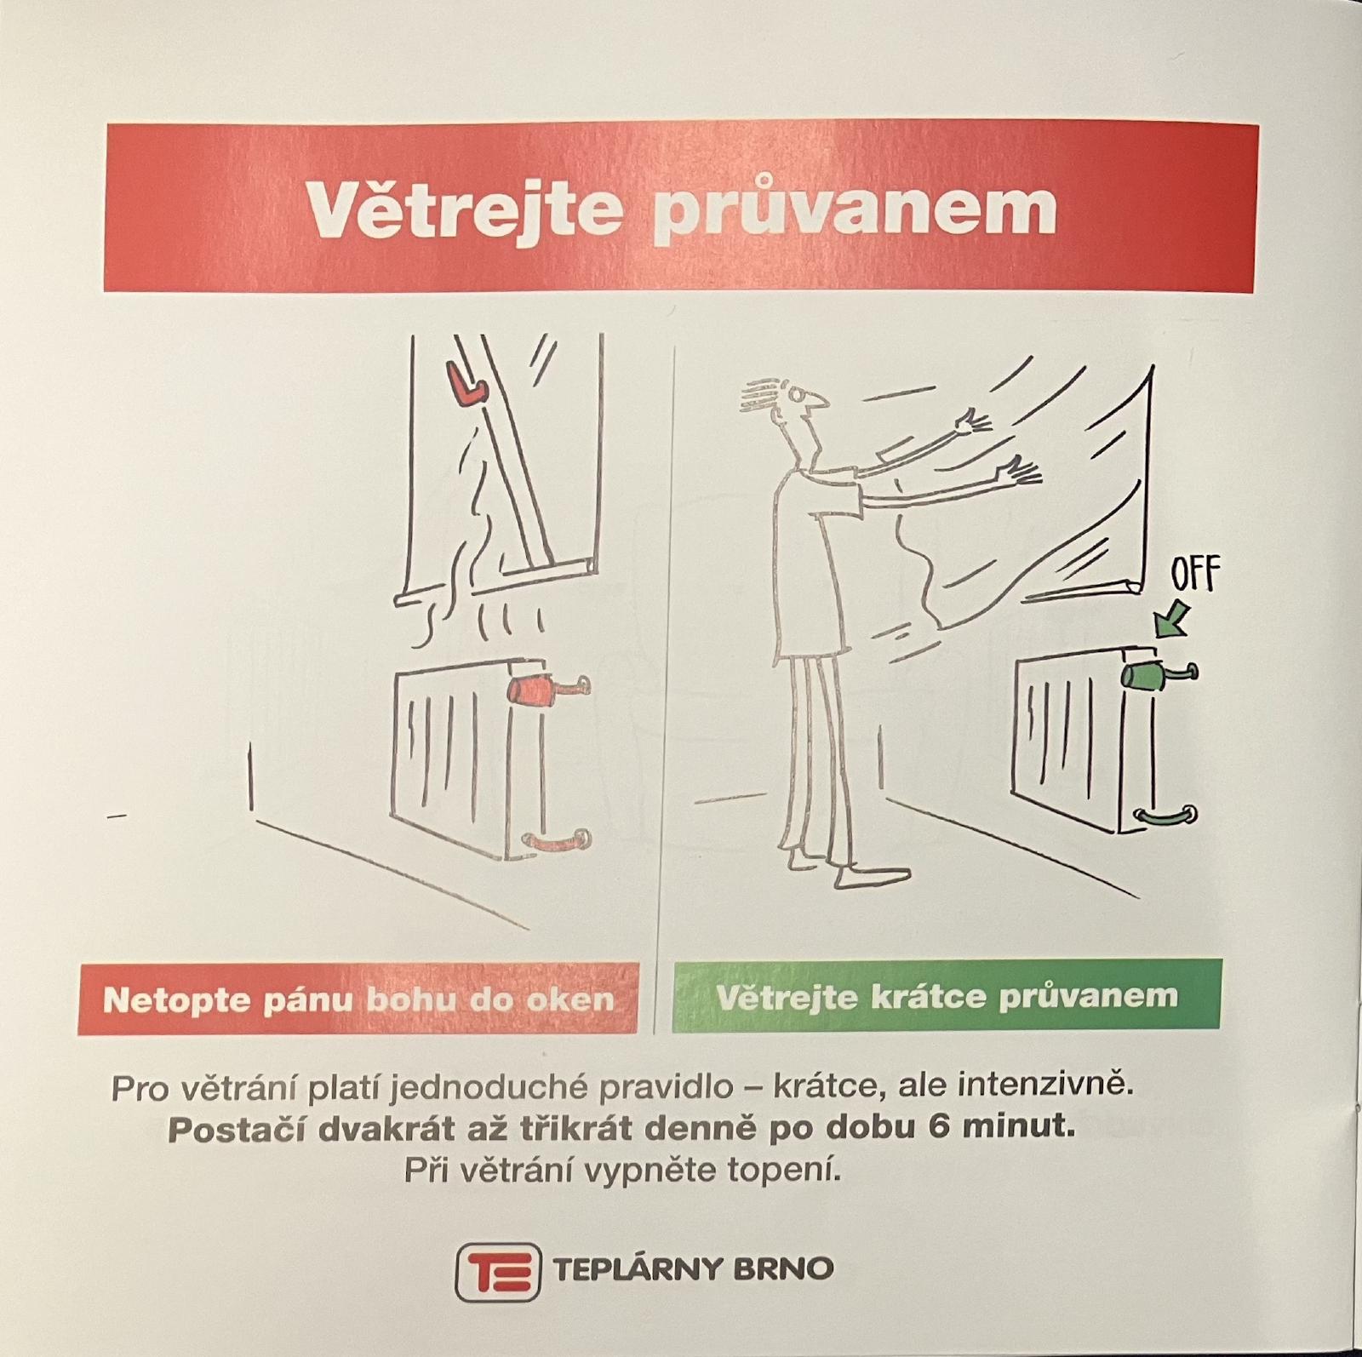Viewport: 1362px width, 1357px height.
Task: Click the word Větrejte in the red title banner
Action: [463, 209]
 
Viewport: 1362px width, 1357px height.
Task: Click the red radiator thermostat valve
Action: [529, 690]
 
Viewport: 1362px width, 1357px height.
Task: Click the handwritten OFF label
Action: [1195, 575]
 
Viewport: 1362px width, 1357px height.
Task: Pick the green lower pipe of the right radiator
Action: [1167, 816]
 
